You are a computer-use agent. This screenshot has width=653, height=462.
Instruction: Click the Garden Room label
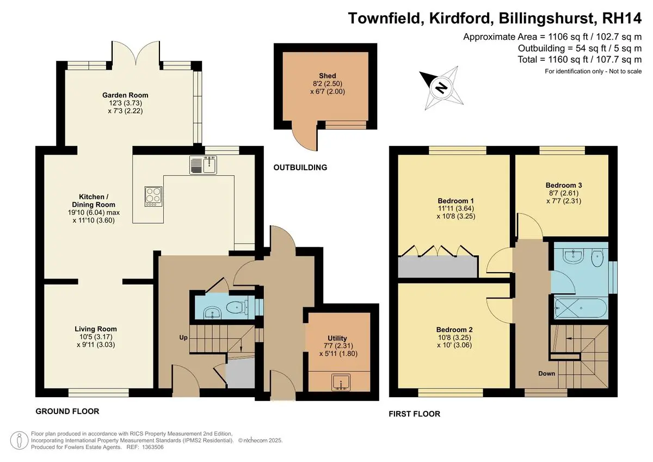125,95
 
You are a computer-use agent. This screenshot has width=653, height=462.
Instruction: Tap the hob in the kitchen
153,196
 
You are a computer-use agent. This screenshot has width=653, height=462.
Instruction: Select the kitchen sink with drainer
203,165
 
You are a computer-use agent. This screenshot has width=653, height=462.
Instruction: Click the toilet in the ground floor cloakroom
236,307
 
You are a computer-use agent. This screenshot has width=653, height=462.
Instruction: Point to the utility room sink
341,382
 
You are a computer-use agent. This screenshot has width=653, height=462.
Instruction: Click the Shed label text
328,76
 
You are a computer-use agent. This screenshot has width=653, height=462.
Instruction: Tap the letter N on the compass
442,88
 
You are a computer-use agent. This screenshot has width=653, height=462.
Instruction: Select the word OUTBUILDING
300,167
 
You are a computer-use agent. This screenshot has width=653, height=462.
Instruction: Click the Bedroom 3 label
564,185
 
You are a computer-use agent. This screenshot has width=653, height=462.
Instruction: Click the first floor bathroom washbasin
573,256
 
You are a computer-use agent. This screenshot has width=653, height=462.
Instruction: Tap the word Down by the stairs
546,373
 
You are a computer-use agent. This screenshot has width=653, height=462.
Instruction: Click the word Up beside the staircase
183,337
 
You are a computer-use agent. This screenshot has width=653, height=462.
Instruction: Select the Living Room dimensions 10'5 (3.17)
96,337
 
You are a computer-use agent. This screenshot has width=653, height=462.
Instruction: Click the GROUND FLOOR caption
67,411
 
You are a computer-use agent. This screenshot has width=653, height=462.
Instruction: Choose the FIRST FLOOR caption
415,414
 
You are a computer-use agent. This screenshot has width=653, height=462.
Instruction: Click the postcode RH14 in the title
621,18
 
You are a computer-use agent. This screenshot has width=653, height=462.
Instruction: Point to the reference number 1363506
152,447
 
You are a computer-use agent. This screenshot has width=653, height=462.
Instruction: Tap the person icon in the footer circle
19,440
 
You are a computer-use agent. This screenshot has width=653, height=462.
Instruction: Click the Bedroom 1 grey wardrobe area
438,267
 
